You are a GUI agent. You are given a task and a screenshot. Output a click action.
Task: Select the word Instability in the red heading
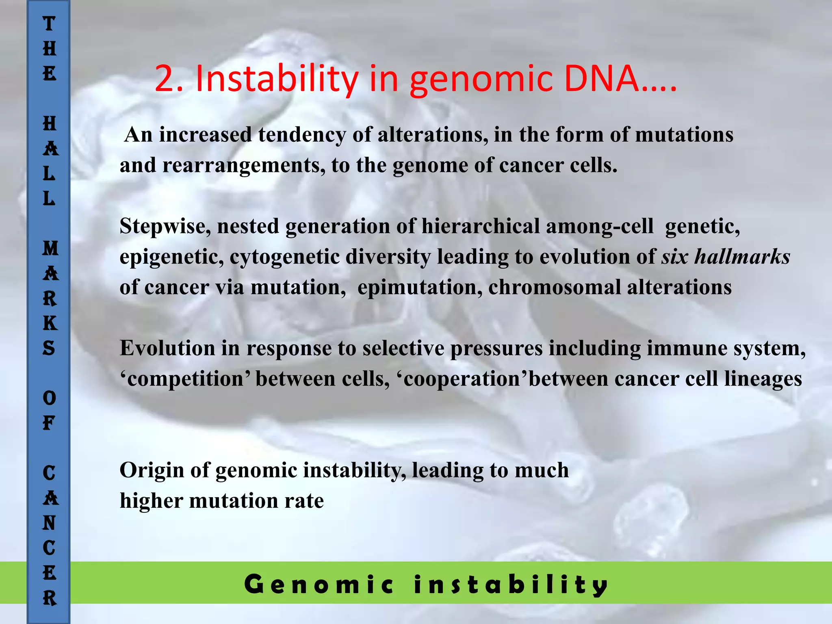click(x=277, y=79)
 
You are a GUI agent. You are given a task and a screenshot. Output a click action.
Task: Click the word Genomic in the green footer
click(x=319, y=585)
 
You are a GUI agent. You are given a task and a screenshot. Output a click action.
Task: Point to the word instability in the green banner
click(x=511, y=585)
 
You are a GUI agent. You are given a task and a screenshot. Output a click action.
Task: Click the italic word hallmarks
click(x=742, y=257)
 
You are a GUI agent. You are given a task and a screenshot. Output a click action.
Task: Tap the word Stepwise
click(x=165, y=226)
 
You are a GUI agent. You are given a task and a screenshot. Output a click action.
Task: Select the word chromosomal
click(x=555, y=287)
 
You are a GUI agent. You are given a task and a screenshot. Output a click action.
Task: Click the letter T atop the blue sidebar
click(x=49, y=24)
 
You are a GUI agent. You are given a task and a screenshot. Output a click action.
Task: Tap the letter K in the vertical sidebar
click(x=50, y=323)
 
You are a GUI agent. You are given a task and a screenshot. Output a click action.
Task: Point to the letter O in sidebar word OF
click(x=49, y=398)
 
